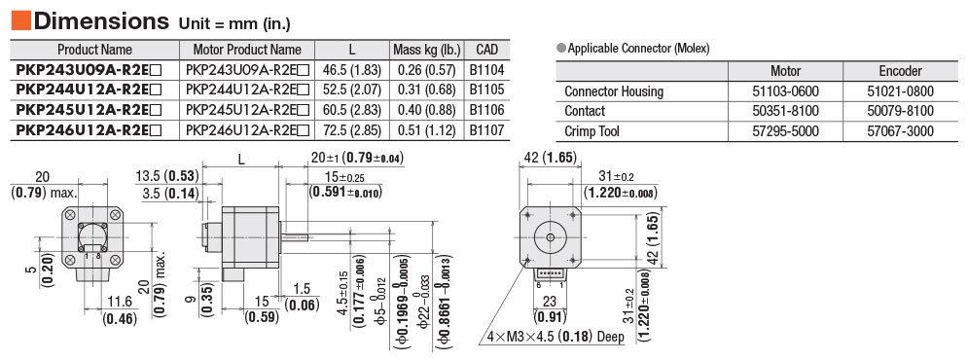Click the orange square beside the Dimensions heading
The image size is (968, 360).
(21, 21)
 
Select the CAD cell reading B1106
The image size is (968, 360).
(486, 110)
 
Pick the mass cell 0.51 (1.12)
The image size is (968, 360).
(426, 130)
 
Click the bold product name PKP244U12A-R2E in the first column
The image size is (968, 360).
(89, 90)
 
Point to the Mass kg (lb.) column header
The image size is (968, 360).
(426, 50)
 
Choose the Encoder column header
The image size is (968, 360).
(900, 71)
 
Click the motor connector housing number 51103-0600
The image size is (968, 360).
(786, 91)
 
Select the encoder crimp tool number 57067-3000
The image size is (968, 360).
(900, 131)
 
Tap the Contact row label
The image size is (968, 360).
(585, 111)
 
